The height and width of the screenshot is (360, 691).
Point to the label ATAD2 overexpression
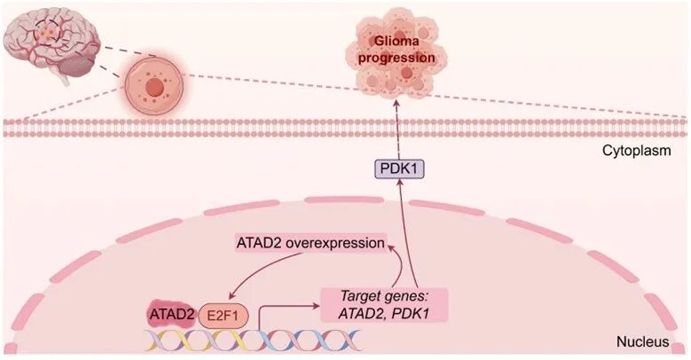310,242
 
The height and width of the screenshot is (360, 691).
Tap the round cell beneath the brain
154,89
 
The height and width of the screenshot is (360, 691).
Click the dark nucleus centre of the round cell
154,89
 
